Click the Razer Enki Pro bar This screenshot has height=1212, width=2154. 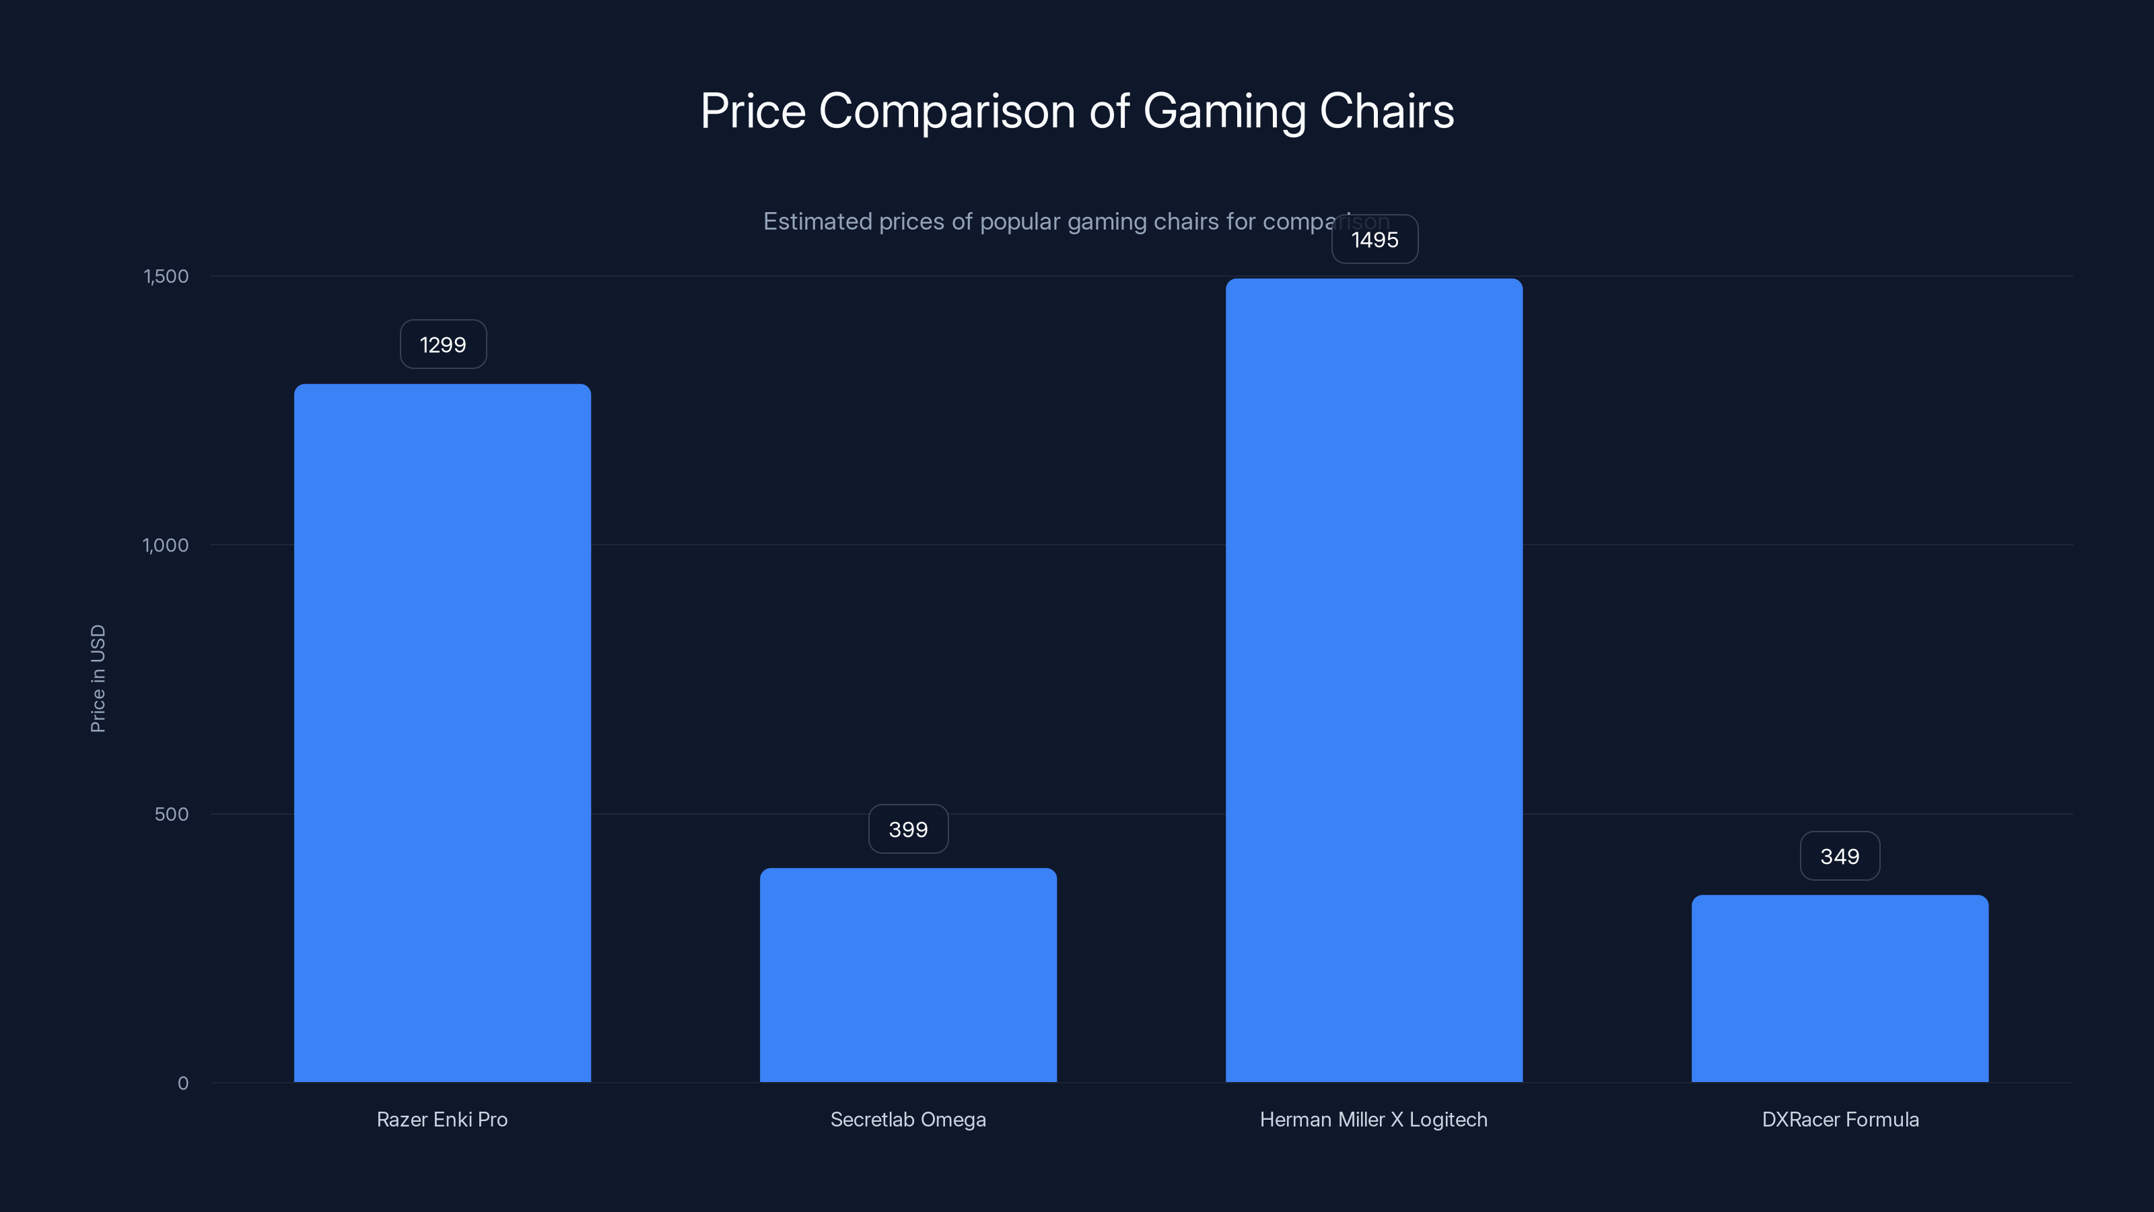point(442,733)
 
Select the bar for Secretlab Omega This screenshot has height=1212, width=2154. point(908,975)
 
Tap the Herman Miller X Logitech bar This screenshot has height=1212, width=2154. point(1374,680)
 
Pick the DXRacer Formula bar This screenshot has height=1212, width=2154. point(1840,988)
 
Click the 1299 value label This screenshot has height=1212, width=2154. point(443,345)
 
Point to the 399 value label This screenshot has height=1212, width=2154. point(908,830)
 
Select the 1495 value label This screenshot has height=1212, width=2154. point(1375,240)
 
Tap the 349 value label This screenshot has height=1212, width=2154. point(1840,856)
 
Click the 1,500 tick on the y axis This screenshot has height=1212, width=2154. point(166,277)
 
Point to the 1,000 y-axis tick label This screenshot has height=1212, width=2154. point(166,545)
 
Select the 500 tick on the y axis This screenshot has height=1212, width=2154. point(172,815)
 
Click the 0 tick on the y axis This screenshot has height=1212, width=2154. point(183,1083)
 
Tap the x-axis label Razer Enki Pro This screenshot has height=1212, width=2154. point(442,1120)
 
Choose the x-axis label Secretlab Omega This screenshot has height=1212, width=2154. point(908,1120)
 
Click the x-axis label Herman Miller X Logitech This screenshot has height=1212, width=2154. point(1374,1120)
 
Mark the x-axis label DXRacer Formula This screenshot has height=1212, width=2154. point(1840,1120)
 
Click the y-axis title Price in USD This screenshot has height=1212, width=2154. point(98,678)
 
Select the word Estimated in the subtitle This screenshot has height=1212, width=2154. point(818,222)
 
